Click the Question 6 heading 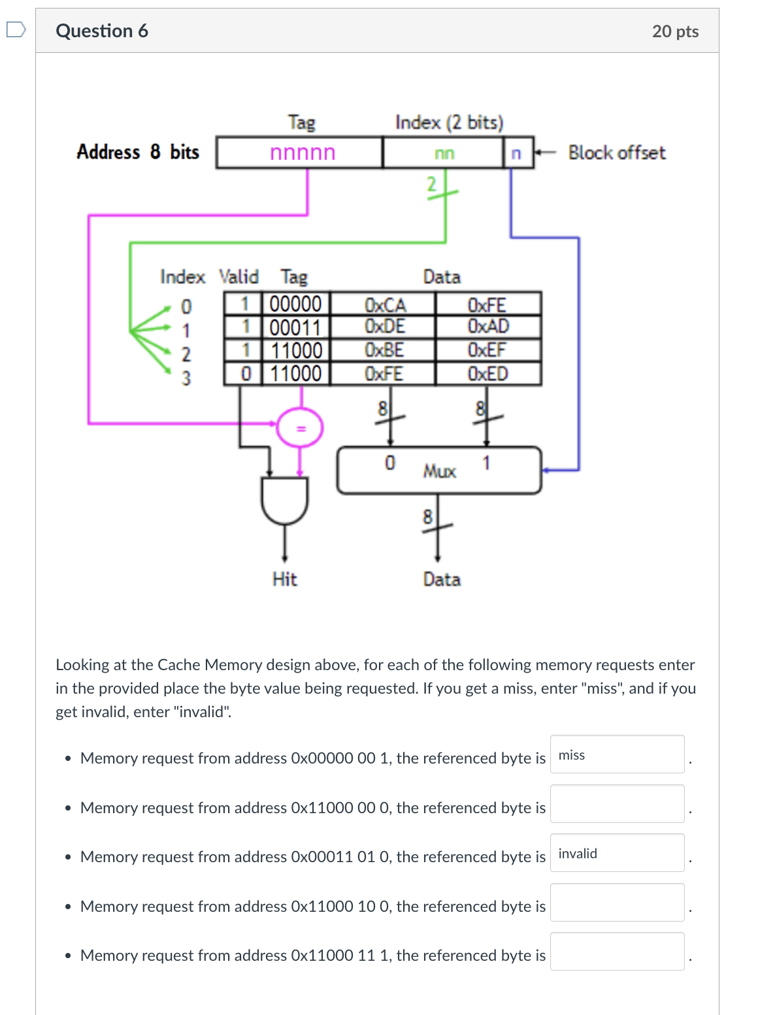(x=102, y=31)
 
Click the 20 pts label (x=675, y=31)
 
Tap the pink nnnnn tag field (x=302, y=153)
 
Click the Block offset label (x=616, y=153)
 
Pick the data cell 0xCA (x=385, y=304)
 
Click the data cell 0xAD (x=488, y=327)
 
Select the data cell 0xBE (x=384, y=350)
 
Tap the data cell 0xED (x=488, y=374)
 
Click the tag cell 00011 (x=296, y=327)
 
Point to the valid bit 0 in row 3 (x=246, y=374)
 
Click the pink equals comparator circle (x=300, y=428)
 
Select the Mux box (x=439, y=470)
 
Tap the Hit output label (x=284, y=579)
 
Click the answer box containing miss (x=617, y=754)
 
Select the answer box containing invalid (x=617, y=853)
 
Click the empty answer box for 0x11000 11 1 (x=617, y=952)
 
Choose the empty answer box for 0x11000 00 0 (x=617, y=804)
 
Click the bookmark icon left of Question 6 (x=16, y=30)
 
